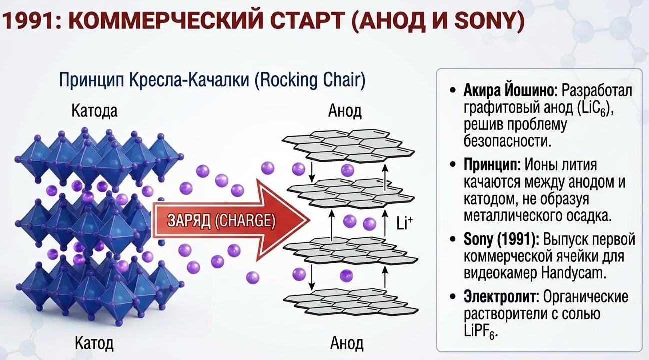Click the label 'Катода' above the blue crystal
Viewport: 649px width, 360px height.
pos(95,110)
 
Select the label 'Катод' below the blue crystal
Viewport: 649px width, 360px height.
pos(94,343)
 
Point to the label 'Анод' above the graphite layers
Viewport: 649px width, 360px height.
pos(345,111)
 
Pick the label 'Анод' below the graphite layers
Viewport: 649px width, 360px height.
pos(347,343)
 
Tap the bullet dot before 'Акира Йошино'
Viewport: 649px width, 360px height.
pos(453,91)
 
